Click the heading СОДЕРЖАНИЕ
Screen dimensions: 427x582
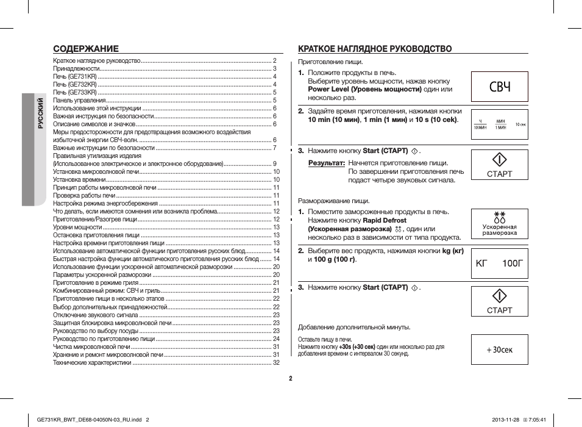click(86, 49)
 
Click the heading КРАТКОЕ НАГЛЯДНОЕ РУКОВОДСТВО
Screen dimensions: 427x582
click(375, 49)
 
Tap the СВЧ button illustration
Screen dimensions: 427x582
click(499, 87)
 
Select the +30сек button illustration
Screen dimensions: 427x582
click(499, 350)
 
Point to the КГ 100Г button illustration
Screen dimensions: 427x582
click(499, 264)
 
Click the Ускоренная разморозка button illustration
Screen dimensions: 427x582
click(499, 224)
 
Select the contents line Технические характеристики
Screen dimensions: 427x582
click(92, 362)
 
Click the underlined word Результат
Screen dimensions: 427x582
click(327, 163)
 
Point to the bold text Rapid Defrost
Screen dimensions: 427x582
click(385, 220)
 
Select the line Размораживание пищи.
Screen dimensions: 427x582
click(333, 201)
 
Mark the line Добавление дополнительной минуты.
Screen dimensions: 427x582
click(354, 327)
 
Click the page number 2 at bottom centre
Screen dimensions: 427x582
click(291, 378)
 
